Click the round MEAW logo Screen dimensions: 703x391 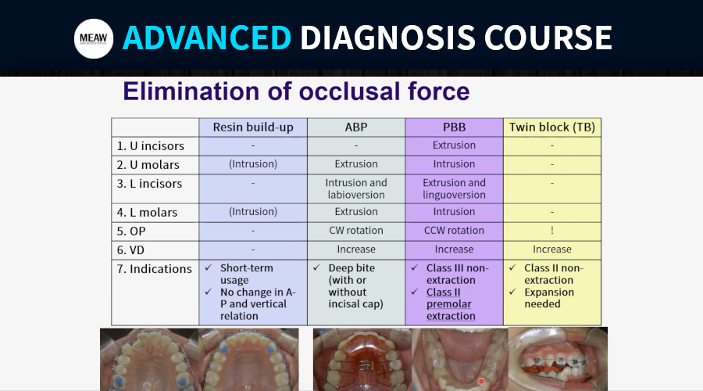click(94, 38)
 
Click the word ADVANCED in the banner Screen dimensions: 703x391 click(207, 38)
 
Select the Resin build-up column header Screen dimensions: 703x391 click(253, 127)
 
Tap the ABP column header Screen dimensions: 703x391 click(356, 127)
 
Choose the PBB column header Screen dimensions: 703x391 click(454, 127)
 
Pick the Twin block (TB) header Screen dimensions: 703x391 click(552, 127)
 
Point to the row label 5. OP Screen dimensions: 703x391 click(131, 231)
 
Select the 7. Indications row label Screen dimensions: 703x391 click(154, 269)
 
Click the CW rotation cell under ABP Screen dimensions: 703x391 click(356, 231)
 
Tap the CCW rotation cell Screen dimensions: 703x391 click(454, 231)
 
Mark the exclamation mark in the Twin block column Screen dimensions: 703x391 click(552, 230)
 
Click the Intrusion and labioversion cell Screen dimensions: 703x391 click(356, 189)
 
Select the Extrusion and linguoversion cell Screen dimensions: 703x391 click(454, 189)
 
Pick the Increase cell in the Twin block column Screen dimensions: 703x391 click(552, 249)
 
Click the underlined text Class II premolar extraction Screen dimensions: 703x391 click(451, 304)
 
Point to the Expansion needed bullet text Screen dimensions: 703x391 click(549, 298)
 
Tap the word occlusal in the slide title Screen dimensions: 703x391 click(349, 91)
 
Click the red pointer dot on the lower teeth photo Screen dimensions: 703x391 click(481, 382)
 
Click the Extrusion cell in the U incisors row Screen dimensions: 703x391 click(454, 145)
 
